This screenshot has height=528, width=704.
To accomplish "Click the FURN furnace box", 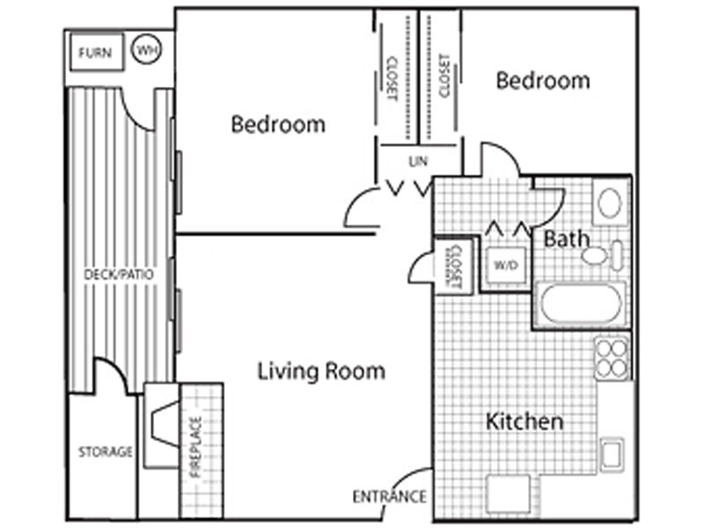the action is point(97,52).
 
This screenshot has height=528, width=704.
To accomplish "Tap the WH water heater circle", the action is point(146,49).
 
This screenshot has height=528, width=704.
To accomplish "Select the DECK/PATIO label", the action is point(119,275).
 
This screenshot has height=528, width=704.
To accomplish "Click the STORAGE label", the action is point(106,451).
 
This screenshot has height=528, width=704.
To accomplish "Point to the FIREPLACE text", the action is point(195,447).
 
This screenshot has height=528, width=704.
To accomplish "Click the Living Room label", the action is point(321,371).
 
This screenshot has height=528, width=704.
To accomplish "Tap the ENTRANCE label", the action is point(389,496).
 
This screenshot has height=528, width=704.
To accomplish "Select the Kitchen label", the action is point(524,422).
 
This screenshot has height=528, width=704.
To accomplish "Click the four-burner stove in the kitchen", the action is point(612,357).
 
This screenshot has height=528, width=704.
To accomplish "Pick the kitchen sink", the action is point(612,454).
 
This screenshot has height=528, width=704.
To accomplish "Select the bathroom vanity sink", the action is point(610,202).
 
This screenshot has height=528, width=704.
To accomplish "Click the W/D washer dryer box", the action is point(506,265).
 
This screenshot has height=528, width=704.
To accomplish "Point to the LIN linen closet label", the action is point(418,161).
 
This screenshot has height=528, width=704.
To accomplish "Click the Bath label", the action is point(566,238).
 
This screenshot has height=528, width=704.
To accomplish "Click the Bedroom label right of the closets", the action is point(543,80).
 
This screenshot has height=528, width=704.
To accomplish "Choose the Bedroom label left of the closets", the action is point(278,124).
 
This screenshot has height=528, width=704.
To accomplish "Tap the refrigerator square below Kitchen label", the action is point(508,494).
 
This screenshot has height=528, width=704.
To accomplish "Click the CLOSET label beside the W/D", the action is point(455,267).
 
